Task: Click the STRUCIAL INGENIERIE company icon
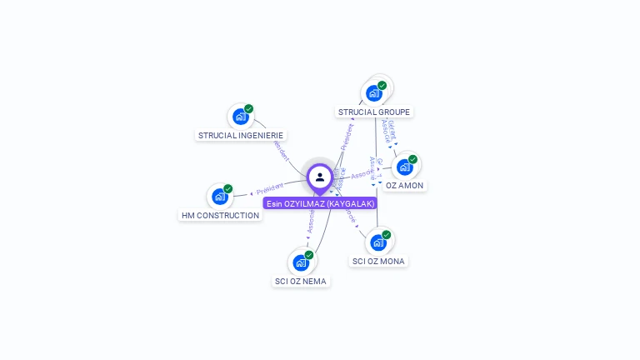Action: coord(240,117)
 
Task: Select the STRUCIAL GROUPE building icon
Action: coord(373,93)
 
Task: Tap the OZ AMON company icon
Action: coord(404,167)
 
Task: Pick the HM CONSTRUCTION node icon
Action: coord(219,197)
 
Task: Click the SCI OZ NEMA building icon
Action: coord(301,262)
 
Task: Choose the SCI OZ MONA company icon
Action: coord(378,242)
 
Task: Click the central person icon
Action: coord(320,177)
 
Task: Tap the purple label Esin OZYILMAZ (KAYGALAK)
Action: coord(320,203)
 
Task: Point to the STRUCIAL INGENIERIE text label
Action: coord(241,135)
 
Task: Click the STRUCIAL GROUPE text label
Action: coord(374,112)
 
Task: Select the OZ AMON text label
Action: coord(405,185)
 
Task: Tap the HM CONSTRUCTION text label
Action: coord(220,215)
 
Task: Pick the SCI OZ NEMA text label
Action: coord(301,281)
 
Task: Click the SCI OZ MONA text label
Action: coord(378,261)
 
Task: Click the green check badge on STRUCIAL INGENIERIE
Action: coord(248,109)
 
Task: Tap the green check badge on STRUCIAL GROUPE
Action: coord(382,85)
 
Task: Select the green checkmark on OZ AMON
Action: coord(412,159)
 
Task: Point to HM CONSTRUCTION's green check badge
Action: coord(227,189)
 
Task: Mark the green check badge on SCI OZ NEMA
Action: coord(309,255)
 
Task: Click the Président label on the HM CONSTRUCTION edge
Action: coord(270,190)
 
